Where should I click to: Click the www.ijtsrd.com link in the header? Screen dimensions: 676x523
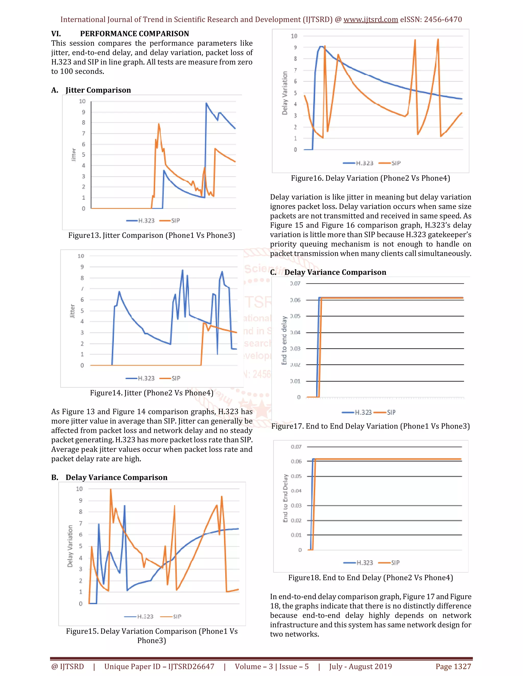(371, 19)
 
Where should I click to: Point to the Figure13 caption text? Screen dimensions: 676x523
(151, 235)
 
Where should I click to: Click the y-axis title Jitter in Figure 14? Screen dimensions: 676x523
(73, 311)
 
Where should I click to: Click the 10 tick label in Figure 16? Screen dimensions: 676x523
(294, 36)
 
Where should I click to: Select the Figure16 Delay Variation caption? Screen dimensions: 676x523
(370, 178)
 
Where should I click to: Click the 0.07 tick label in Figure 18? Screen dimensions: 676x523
(296, 447)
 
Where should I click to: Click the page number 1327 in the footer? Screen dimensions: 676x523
(462, 666)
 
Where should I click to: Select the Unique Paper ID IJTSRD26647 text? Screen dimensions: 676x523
(159, 666)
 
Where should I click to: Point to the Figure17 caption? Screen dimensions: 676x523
(370, 426)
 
